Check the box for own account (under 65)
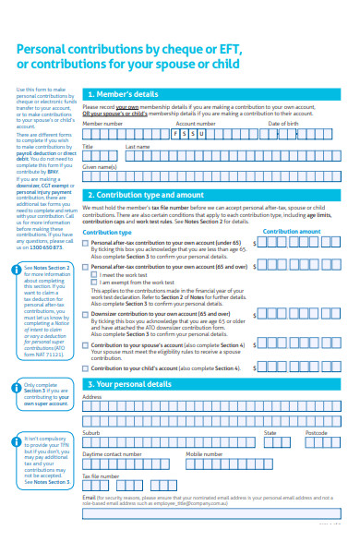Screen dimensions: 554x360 (x=86, y=242)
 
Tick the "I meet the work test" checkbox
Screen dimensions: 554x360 (x=94, y=274)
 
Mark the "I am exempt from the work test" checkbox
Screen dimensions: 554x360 (x=94, y=282)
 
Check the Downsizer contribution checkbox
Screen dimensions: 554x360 (x=86, y=314)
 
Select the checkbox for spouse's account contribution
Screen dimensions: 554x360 (x=86, y=344)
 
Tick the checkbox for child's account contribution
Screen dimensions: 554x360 (x=86, y=367)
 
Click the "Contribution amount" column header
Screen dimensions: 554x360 (x=292, y=231)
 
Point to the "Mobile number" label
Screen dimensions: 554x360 (x=204, y=453)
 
